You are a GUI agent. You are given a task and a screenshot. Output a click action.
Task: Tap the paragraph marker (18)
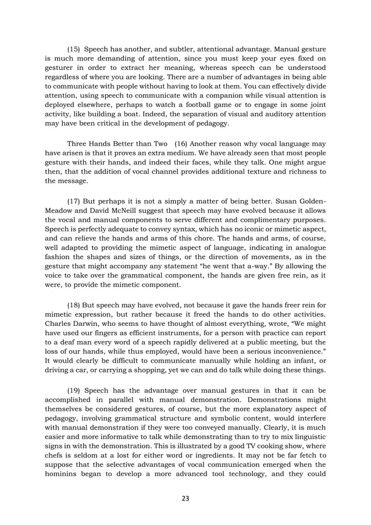75,304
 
